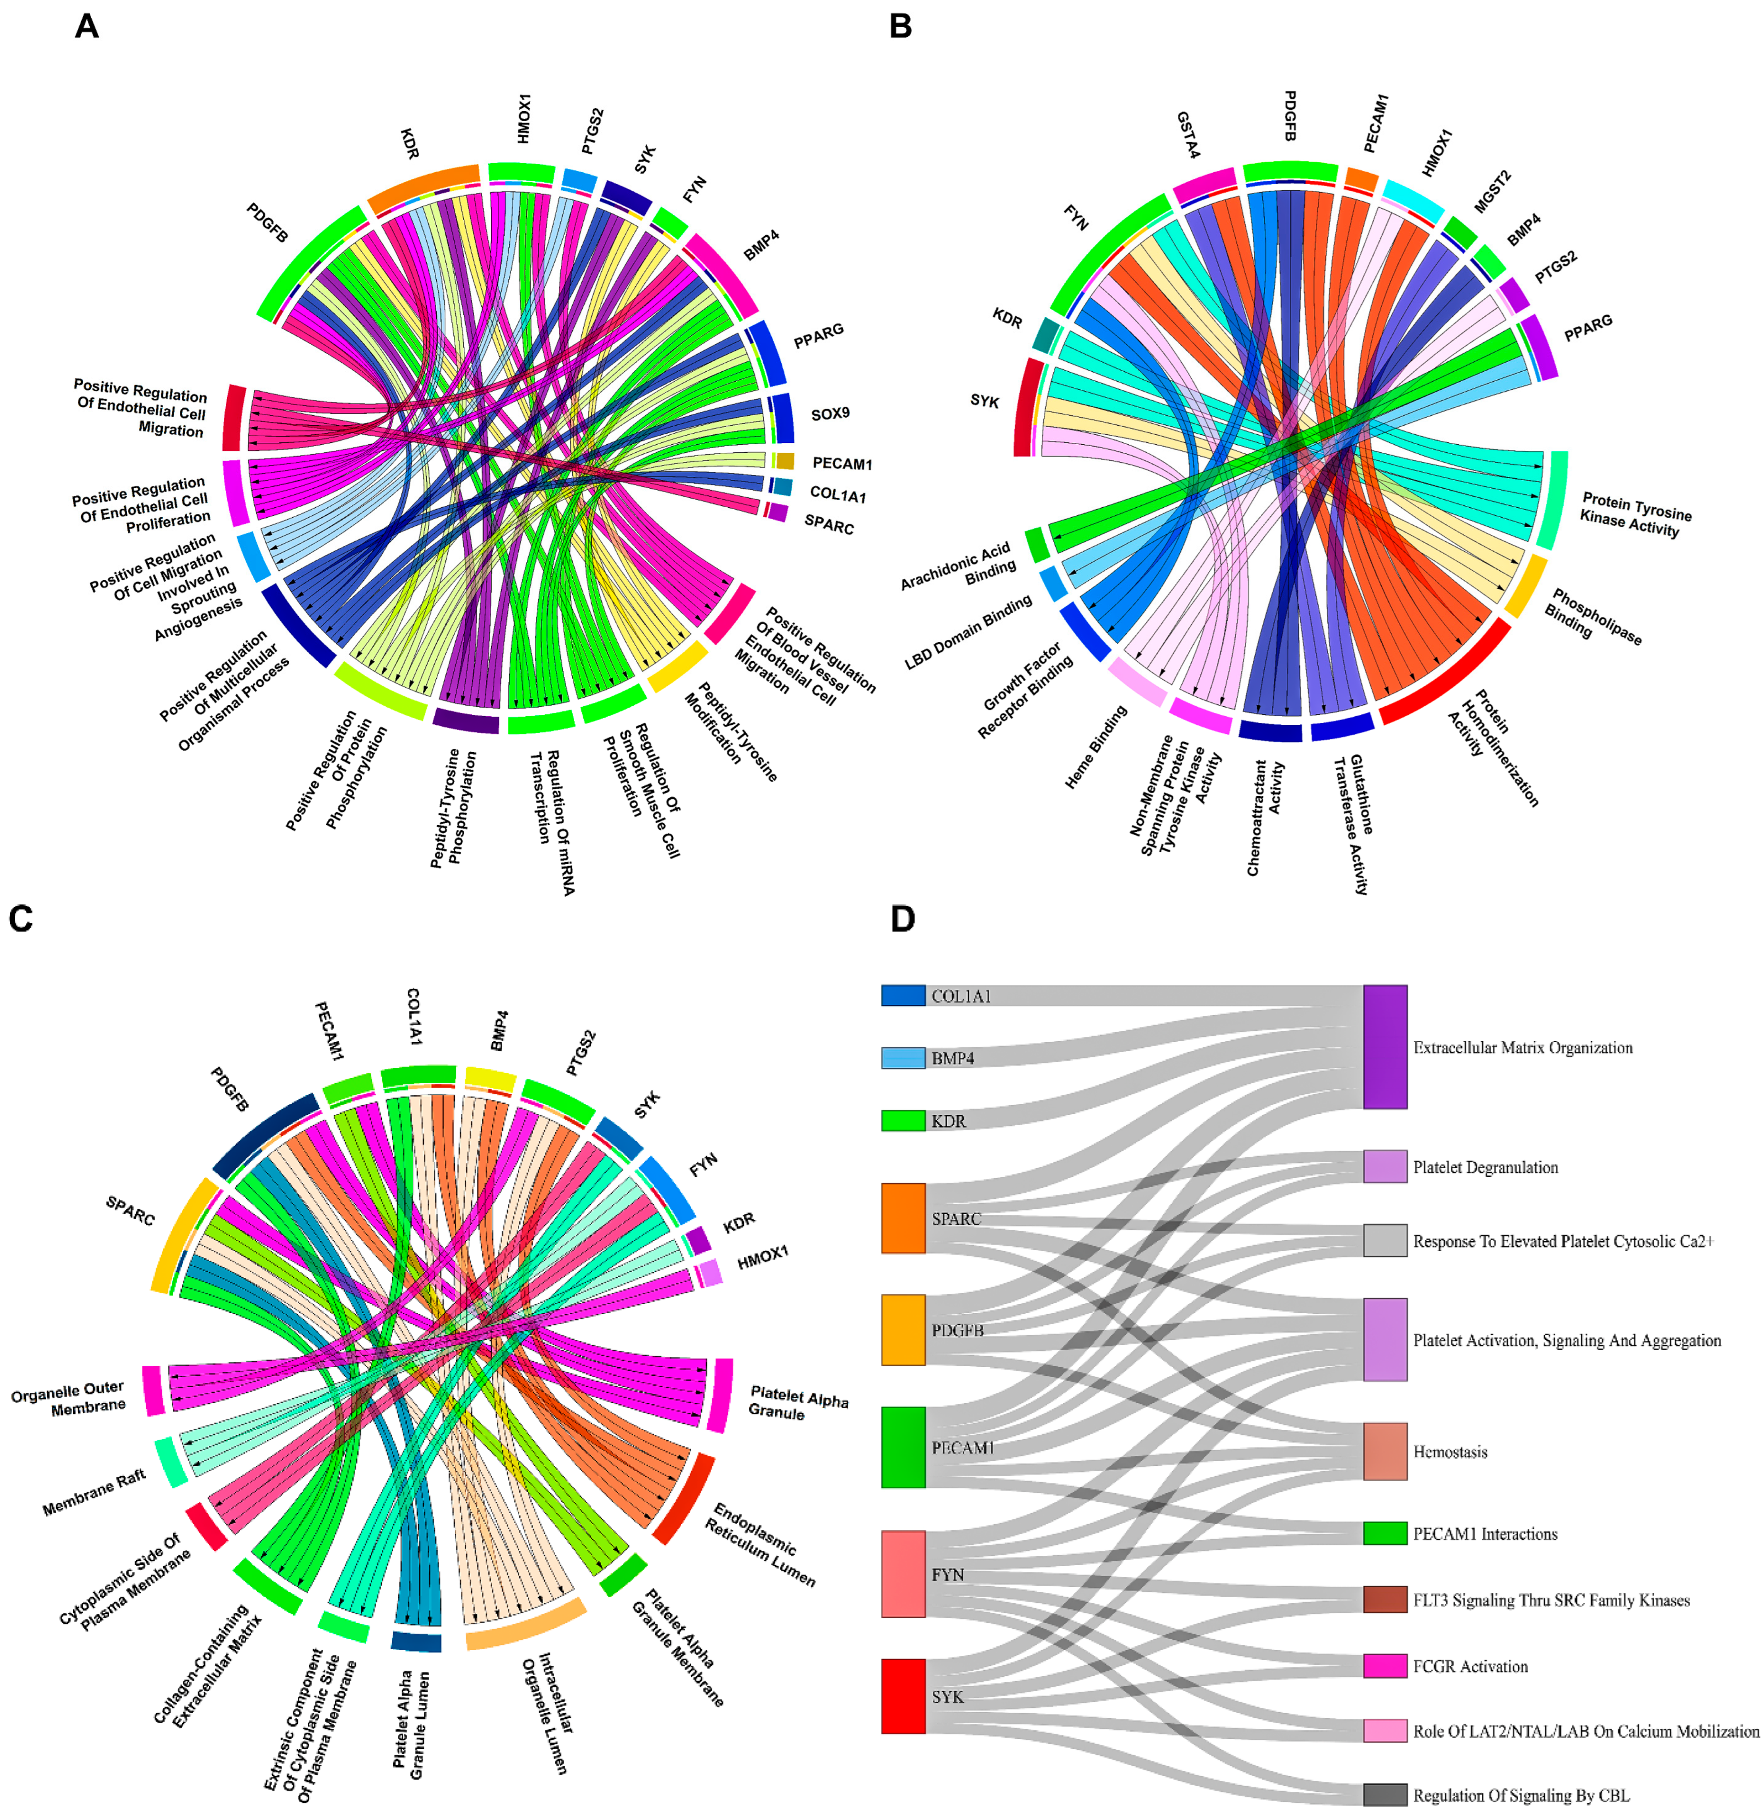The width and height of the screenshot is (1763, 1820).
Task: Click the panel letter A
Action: (86, 26)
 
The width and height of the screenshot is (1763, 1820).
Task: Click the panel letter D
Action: (902, 919)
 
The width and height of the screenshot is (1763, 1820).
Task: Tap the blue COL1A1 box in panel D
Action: (903, 995)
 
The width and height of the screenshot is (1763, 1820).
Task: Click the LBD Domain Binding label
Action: (968, 632)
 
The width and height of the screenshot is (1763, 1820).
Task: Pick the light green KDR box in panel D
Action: (903, 1121)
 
